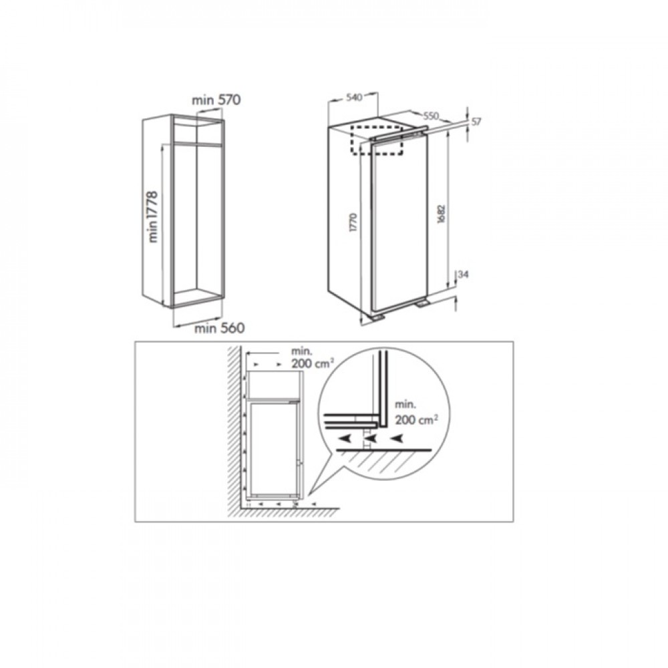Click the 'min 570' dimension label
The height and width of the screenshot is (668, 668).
tap(216, 100)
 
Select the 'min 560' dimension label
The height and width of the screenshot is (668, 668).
tap(220, 328)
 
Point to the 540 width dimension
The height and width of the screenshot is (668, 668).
tap(353, 98)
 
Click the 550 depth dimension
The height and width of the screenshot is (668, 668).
tap(431, 116)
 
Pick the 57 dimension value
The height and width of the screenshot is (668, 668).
tap(476, 122)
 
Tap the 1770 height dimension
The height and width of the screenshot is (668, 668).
tap(353, 222)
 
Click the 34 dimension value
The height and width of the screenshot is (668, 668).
tap(463, 275)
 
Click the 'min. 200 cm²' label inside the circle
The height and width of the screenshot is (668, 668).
tap(415, 413)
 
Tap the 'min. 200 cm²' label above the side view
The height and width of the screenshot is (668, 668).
tap(312, 357)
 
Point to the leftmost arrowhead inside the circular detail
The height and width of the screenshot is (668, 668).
tap(344, 438)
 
